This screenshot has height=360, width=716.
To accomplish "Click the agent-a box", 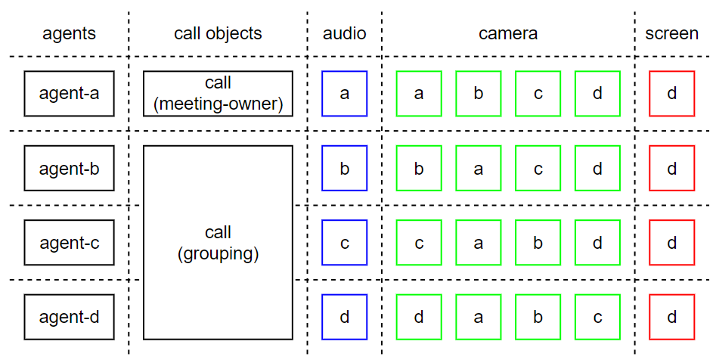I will click(x=69, y=94).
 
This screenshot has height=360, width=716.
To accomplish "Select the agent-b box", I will click(x=69, y=168).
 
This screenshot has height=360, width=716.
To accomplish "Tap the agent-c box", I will click(x=69, y=243).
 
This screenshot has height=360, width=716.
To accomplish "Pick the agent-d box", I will click(x=69, y=317).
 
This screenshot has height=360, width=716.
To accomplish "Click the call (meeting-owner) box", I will click(x=218, y=94).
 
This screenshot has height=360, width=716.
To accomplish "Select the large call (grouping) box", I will click(x=218, y=243).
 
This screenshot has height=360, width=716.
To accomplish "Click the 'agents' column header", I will click(x=69, y=34).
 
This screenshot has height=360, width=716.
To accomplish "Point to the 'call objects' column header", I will click(x=218, y=34).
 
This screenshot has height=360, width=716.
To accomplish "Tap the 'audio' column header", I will click(x=344, y=34).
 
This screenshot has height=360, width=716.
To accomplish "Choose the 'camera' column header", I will click(x=508, y=34).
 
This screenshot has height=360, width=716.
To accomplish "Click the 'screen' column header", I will click(x=671, y=34).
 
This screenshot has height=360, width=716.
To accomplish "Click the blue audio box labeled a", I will click(x=344, y=94).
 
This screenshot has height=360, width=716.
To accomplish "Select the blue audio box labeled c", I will click(x=344, y=243).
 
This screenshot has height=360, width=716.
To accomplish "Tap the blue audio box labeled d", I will click(x=344, y=317).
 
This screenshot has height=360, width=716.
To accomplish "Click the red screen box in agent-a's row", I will click(x=671, y=94).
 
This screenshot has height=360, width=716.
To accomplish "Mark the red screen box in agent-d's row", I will click(x=671, y=317).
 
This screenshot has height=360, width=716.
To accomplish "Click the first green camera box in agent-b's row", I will click(x=419, y=168).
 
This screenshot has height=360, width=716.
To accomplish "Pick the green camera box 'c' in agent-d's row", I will click(x=597, y=317).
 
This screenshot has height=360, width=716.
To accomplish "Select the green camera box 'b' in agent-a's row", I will click(x=478, y=94).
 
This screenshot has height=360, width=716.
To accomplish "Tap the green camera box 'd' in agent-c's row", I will click(x=597, y=243).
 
